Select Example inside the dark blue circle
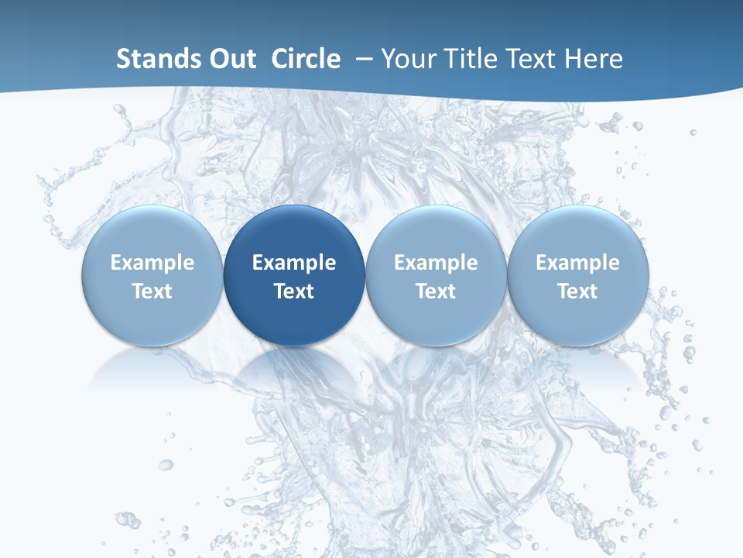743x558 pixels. click(x=294, y=263)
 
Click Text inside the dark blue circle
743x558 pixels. click(x=294, y=291)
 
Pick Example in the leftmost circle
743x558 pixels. click(x=152, y=263)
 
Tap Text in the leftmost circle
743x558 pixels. click(x=152, y=291)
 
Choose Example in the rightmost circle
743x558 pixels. click(x=578, y=263)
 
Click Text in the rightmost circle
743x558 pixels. click(x=578, y=291)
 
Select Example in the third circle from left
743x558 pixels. click(x=436, y=263)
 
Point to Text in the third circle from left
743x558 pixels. click(x=436, y=291)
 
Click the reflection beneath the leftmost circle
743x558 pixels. click(x=152, y=369)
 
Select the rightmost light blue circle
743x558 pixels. click(x=578, y=232)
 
